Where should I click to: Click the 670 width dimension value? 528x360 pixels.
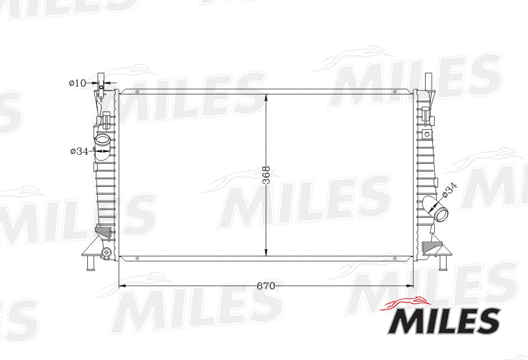(265, 287)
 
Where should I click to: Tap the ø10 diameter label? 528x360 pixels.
(77, 83)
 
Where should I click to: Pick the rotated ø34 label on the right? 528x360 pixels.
(449, 190)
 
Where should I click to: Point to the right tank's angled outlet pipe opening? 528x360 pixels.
(441, 214)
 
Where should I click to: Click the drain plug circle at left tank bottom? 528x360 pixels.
(106, 252)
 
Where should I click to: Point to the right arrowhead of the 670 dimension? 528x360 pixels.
(411, 286)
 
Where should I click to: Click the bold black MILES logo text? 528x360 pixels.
(445, 321)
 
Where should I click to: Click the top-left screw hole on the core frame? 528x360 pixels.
(136, 92)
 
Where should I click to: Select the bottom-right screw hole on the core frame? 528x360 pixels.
(395, 258)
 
